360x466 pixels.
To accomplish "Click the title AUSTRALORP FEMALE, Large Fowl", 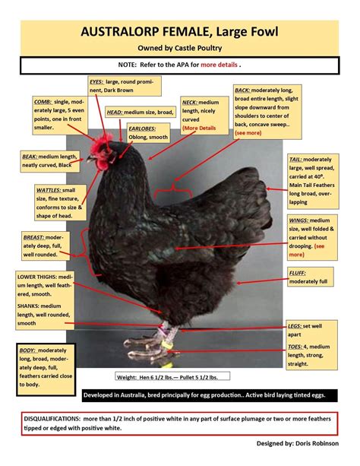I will [180, 33].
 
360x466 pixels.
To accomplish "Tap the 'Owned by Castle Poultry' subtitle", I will [180, 47].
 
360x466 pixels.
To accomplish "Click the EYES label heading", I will [96, 81].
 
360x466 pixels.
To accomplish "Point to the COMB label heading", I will [43, 101].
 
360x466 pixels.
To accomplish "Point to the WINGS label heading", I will [298, 220].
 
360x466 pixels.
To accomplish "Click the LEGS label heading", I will [295, 325].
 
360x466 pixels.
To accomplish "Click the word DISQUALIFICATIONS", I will [58, 418].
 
